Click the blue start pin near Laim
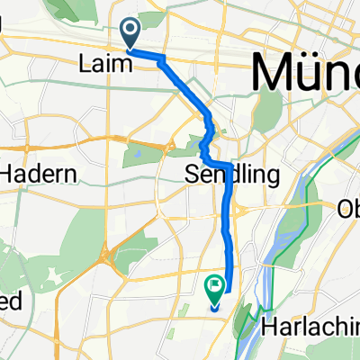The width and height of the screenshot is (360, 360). (x=130, y=34)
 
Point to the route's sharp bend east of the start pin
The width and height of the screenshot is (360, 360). (x=163, y=58)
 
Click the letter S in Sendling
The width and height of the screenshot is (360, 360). (x=191, y=173)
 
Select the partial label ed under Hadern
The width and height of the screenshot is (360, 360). (x=10, y=301)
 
